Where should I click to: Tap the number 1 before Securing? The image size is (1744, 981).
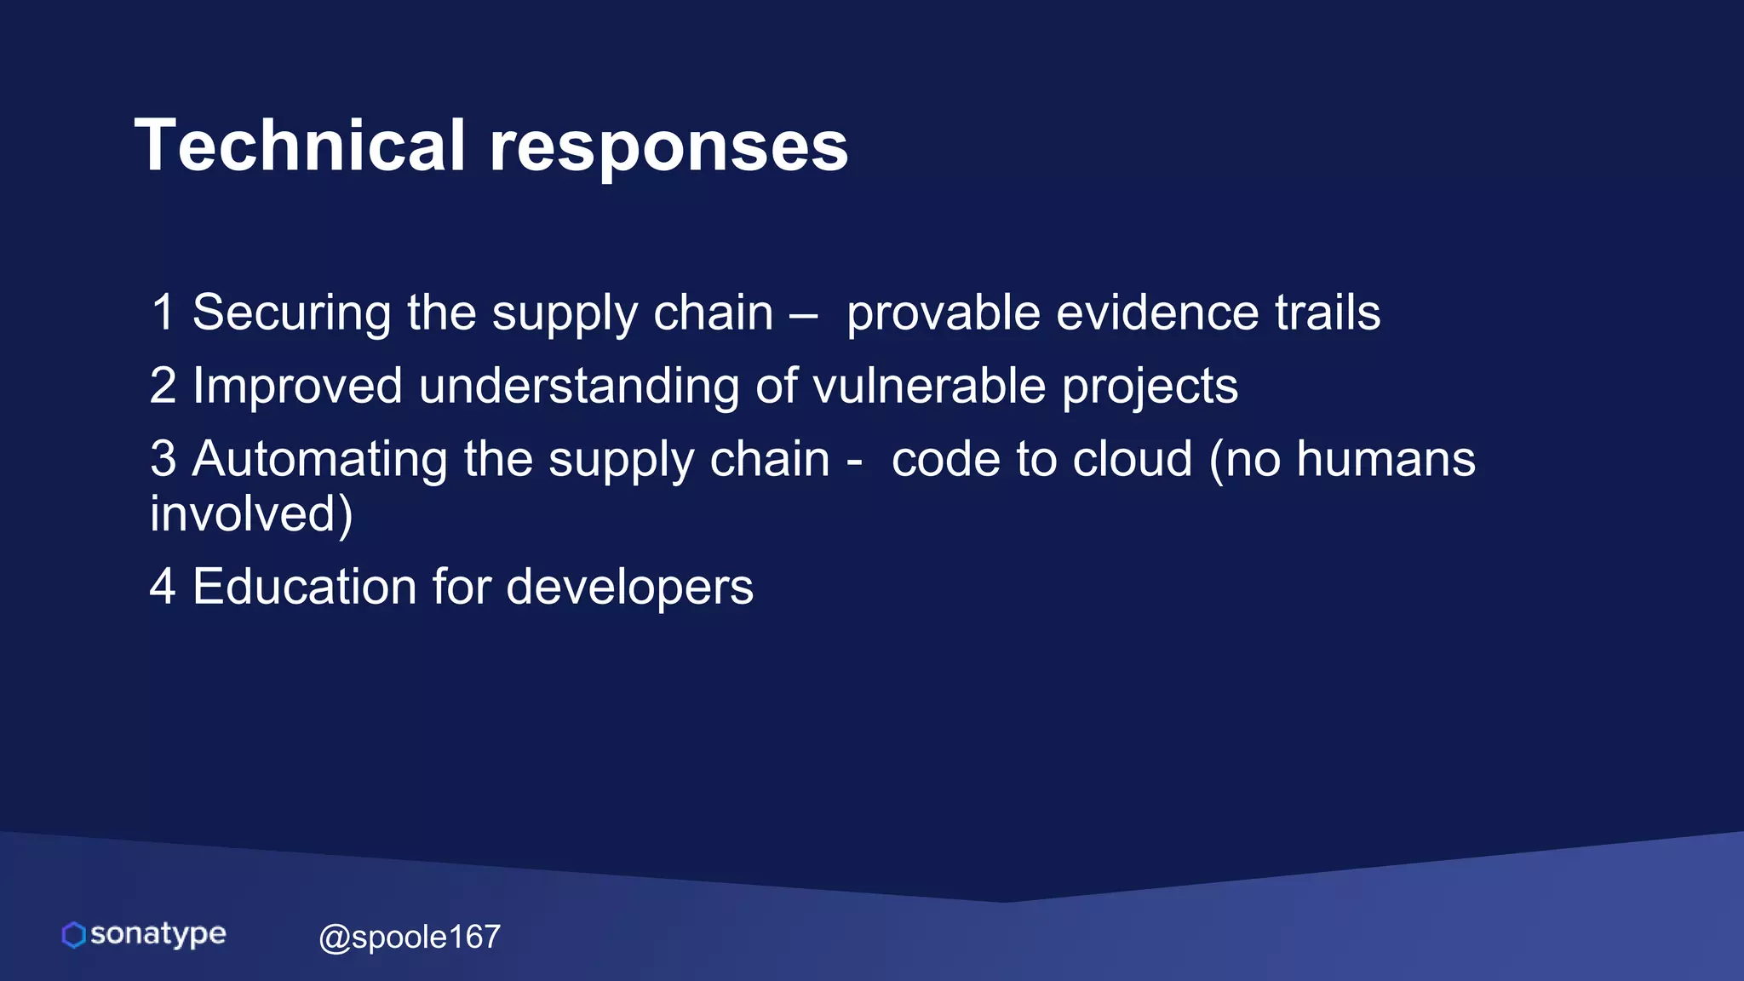click(x=163, y=313)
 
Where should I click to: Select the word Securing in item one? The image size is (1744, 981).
click(x=291, y=313)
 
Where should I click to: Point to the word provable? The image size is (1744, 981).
click(x=943, y=313)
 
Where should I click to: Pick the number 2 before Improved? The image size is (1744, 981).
click(x=163, y=386)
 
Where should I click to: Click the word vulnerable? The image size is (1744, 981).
click(x=929, y=386)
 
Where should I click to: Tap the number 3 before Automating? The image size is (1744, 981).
click(x=163, y=459)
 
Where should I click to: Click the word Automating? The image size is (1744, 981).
click(x=319, y=460)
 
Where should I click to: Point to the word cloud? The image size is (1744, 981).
click(x=1132, y=459)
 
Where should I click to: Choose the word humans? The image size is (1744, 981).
click(x=1385, y=459)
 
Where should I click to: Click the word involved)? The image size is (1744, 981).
click(x=251, y=514)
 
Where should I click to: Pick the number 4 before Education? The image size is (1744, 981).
click(x=163, y=587)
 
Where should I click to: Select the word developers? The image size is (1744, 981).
click(x=629, y=588)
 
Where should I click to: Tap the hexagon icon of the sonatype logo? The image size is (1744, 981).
click(x=74, y=935)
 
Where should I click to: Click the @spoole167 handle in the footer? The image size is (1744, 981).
click(x=410, y=938)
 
